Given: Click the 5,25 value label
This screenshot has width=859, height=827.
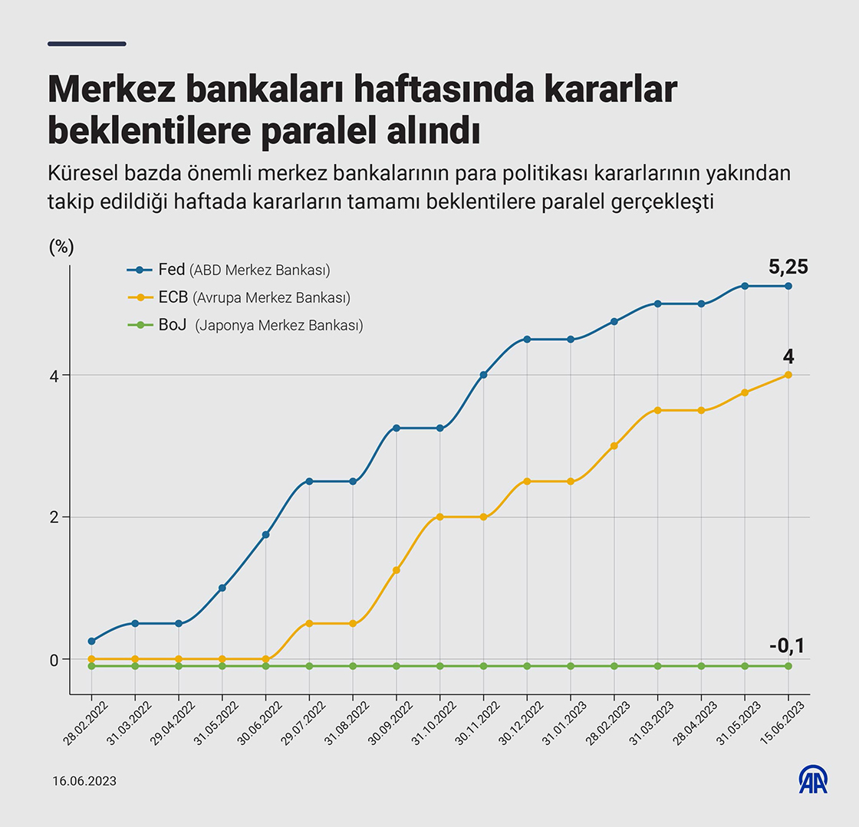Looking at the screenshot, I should click(x=788, y=267).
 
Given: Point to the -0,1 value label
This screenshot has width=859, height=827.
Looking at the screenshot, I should click(x=787, y=646).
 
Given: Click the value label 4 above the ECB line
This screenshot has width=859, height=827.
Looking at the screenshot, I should click(x=788, y=356).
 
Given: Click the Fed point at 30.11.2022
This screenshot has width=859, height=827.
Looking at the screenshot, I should click(x=483, y=375).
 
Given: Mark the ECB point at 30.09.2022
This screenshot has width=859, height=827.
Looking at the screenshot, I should click(x=397, y=570).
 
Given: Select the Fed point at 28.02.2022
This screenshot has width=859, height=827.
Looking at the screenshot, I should click(x=91, y=641).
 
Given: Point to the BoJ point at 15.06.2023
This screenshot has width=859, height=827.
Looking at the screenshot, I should click(x=788, y=666).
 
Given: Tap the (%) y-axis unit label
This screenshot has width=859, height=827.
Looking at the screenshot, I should click(x=61, y=247).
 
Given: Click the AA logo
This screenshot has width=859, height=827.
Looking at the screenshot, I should click(x=813, y=779).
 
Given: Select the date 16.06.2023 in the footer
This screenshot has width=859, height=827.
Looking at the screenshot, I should click(x=84, y=781).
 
